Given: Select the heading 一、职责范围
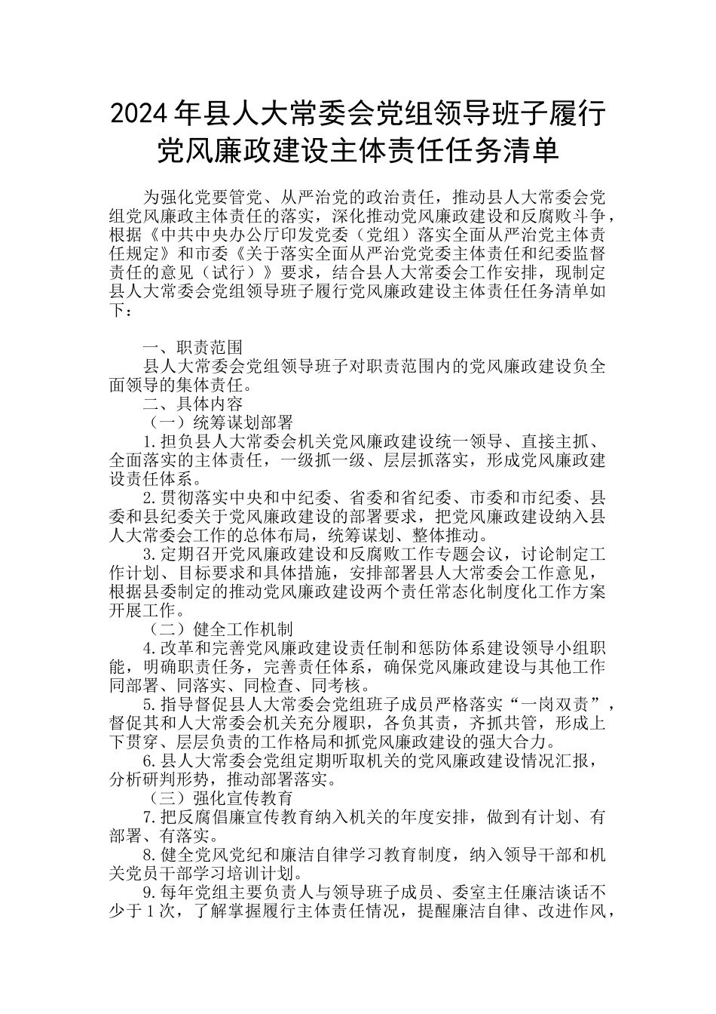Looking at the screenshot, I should [193, 347].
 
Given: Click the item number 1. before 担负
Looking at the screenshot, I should [149, 441].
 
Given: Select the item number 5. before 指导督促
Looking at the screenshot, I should [149, 705].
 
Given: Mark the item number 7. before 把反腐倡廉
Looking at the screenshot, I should [149, 816].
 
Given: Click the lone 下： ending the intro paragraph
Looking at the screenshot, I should [125, 309].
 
